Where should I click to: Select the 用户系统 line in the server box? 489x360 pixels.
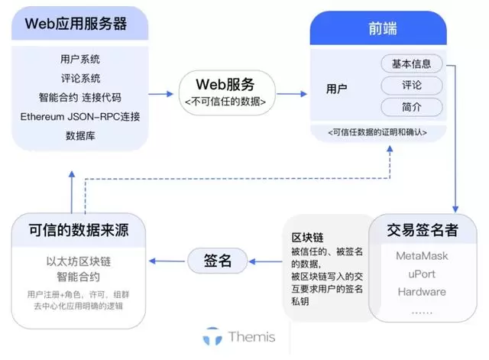point(80,59)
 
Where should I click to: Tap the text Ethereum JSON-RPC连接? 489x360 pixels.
point(80,117)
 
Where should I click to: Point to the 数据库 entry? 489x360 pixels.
point(80,136)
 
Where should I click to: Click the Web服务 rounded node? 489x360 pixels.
point(225,91)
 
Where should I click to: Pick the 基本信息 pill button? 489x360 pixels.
point(411,63)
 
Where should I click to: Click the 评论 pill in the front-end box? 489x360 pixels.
point(411,85)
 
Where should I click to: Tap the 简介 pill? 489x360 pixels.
point(411,107)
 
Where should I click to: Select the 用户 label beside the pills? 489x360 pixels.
point(336,89)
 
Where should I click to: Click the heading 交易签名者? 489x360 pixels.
point(423,230)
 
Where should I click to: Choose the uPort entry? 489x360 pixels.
point(423,274)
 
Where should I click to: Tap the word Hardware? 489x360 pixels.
point(423,292)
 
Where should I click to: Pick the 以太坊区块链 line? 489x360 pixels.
point(78,261)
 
